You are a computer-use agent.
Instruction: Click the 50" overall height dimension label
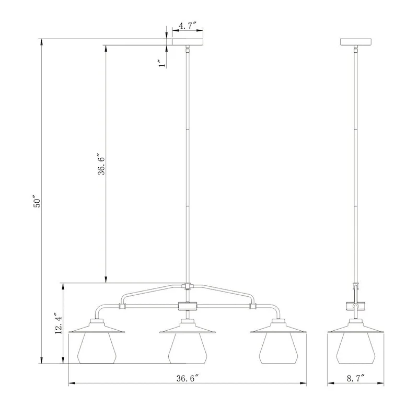(x=36, y=203)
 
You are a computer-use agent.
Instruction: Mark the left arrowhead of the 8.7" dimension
(x=330, y=385)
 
